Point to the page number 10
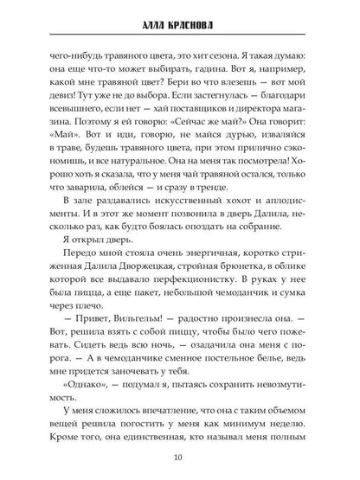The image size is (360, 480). coord(180,458)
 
